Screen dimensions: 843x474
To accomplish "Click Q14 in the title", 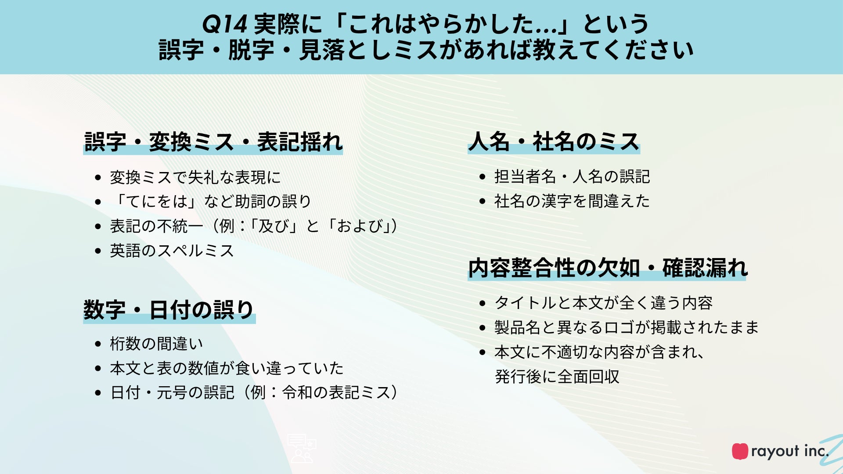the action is [224, 24].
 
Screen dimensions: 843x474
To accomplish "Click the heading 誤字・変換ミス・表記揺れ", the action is [213, 142].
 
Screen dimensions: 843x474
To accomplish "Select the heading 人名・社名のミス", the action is [554, 141].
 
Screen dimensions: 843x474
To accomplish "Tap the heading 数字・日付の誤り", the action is [169, 310].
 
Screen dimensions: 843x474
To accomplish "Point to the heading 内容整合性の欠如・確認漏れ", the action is [608, 268].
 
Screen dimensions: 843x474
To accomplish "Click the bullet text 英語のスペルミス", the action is [172, 251].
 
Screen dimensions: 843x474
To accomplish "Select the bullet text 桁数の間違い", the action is [156, 344].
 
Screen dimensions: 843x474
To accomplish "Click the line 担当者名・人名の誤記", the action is [572, 176].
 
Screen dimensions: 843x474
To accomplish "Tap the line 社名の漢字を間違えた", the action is [572, 201].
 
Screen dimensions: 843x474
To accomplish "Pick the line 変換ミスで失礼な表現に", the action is [195, 177].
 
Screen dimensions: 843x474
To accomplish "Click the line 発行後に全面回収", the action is [557, 377].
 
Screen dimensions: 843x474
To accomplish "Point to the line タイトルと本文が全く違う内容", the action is [604, 303].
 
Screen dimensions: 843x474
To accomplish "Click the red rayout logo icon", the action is [740, 451].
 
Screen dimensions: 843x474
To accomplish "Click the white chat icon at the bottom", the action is [302, 449].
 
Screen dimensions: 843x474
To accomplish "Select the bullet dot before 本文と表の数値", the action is [98, 369].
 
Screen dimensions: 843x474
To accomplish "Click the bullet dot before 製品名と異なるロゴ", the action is [483, 328].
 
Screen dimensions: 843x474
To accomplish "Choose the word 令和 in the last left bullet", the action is [297, 392].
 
